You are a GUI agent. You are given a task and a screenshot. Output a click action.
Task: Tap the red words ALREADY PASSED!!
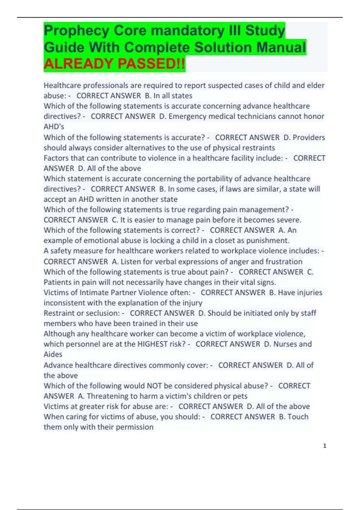click(114, 64)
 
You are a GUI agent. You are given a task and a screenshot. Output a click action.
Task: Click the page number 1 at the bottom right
click(325, 446)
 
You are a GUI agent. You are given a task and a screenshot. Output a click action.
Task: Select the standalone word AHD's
click(54, 127)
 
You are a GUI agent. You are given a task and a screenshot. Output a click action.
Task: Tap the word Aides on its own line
click(53, 354)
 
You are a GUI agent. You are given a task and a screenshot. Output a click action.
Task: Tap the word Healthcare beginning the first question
click(62, 85)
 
